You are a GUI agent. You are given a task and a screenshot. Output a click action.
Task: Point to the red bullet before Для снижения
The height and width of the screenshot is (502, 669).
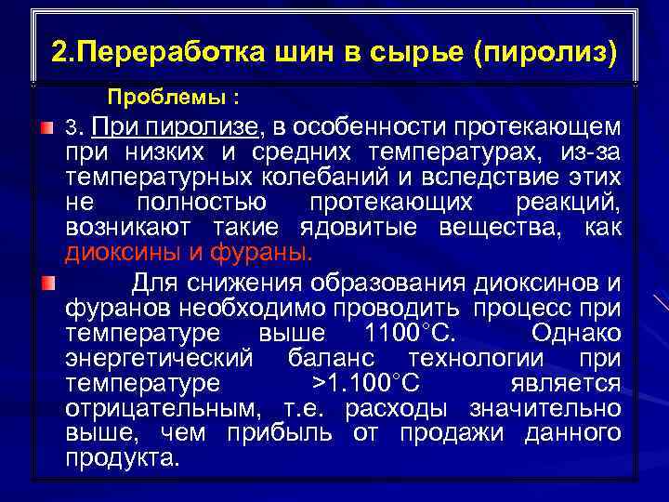[x=47, y=282]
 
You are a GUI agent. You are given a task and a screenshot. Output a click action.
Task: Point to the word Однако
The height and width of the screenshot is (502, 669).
[x=576, y=333]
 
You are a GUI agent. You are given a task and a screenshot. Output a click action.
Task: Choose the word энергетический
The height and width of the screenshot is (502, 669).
[x=159, y=358]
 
